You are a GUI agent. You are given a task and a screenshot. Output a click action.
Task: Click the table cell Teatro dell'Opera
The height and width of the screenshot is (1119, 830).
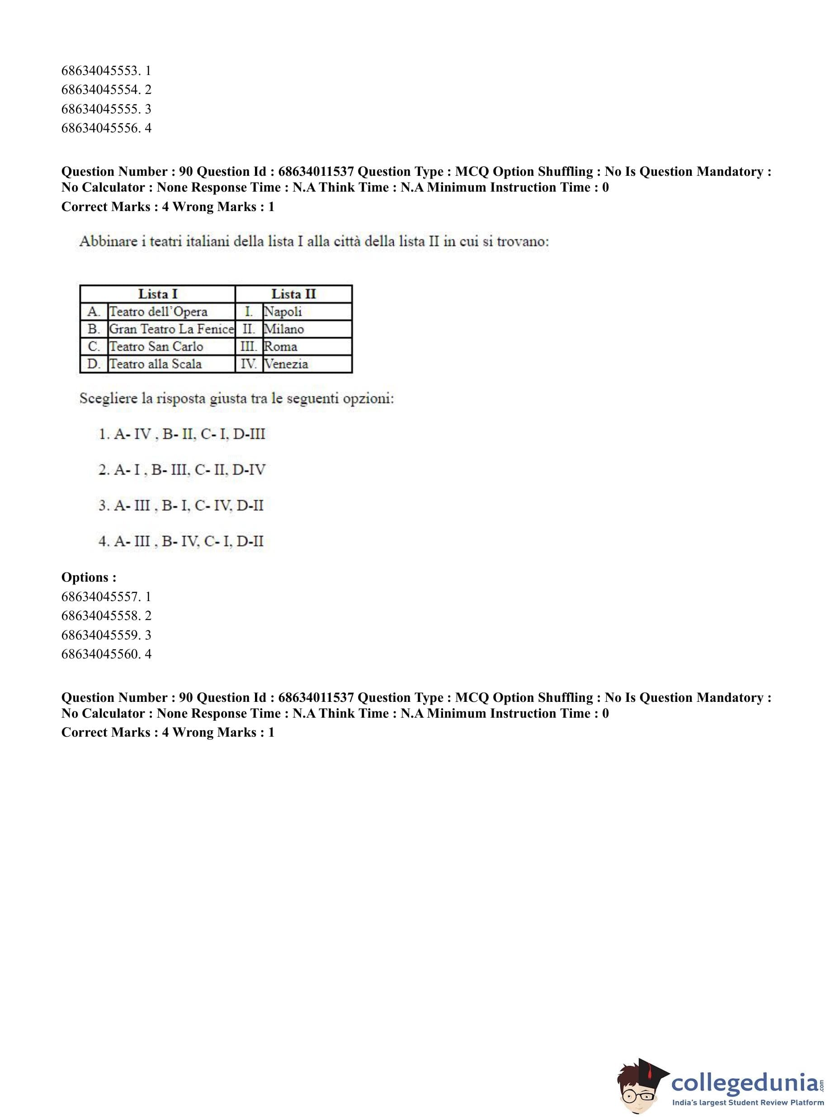pyautogui.click(x=158, y=312)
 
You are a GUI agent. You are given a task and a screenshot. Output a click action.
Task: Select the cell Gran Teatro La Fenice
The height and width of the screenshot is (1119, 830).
pyautogui.click(x=171, y=329)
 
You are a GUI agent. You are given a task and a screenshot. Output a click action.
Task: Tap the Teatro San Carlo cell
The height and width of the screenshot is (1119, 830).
pyautogui.click(x=156, y=347)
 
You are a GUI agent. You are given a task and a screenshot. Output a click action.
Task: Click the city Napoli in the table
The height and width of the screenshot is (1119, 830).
pyautogui.click(x=283, y=312)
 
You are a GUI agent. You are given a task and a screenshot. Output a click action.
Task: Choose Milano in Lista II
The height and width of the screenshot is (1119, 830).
pyautogui.click(x=284, y=329)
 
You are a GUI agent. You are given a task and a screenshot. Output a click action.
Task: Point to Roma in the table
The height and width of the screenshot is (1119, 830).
pyautogui.click(x=280, y=347)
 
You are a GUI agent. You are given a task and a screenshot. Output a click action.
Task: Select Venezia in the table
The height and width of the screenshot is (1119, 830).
pyautogui.click(x=286, y=364)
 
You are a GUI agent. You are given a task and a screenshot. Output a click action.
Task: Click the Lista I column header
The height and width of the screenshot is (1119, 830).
pyautogui.click(x=158, y=294)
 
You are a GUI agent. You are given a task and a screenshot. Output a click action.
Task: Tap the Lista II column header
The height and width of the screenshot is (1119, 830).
pyautogui.click(x=293, y=294)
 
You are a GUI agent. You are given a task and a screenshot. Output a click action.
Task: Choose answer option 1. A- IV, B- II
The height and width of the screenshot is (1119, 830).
pyautogui.click(x=181, y=434)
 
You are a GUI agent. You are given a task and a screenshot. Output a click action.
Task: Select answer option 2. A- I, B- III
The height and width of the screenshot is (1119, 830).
pyautogui.click(x=181, y=470)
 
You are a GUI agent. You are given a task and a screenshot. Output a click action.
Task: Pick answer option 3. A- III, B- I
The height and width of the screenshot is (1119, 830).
pyautogui.click(x=181, y=506)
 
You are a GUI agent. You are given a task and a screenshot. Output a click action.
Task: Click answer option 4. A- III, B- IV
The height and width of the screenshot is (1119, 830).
pyautogui.click(x=181, y=541)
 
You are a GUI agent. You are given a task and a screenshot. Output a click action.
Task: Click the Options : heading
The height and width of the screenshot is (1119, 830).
pyautogui.click(x=89, y=578)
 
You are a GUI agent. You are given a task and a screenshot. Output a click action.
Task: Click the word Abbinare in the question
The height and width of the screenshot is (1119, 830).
pyautogui.click(x=108, y=242)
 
